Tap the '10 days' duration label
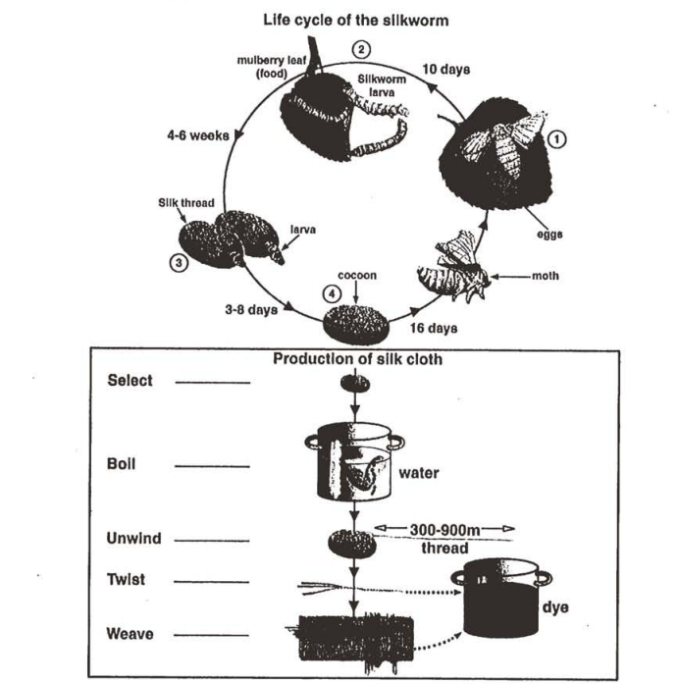[446, 70]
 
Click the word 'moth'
[545, 277]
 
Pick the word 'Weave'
[130, 634]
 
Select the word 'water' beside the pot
[419, 473]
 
